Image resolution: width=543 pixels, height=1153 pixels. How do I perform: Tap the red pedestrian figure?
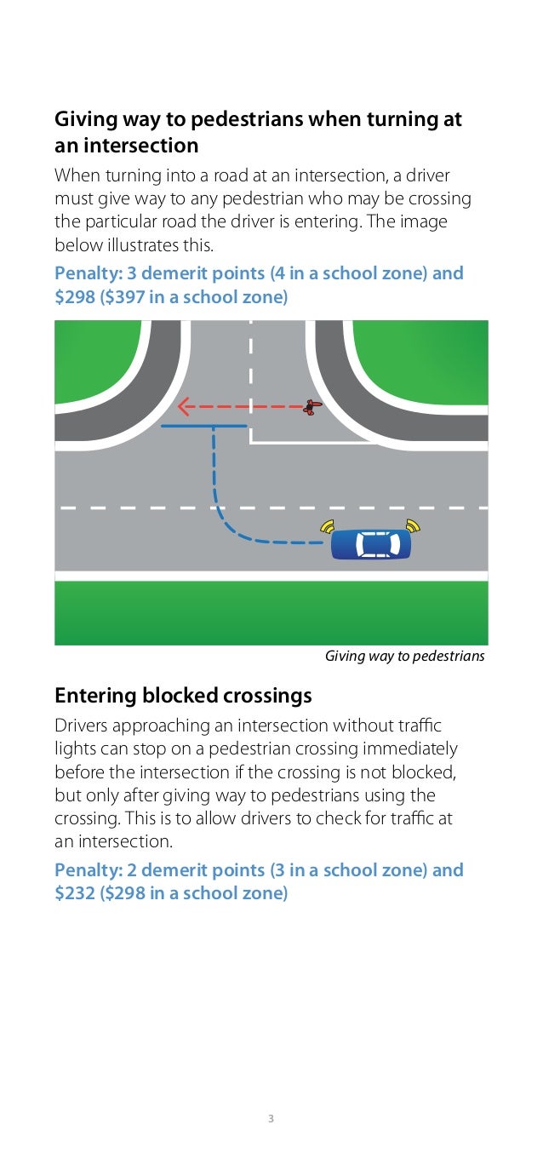point(311,407)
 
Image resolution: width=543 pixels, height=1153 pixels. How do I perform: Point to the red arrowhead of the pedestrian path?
point(183,407)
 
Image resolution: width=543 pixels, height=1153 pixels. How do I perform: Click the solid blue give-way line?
point(203,425)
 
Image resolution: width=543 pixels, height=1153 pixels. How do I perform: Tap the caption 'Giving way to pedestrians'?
point(404,656)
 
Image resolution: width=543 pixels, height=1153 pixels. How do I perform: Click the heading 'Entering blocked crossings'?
point(183,696)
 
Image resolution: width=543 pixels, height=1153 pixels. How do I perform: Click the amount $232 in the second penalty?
point(74,893)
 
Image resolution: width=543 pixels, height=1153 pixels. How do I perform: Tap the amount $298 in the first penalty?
point(74,297)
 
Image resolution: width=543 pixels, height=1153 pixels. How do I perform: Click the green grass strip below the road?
point(271,613)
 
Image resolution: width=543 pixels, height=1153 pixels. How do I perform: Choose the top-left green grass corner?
point(94,358)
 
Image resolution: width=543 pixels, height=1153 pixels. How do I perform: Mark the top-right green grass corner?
point(426,358)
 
